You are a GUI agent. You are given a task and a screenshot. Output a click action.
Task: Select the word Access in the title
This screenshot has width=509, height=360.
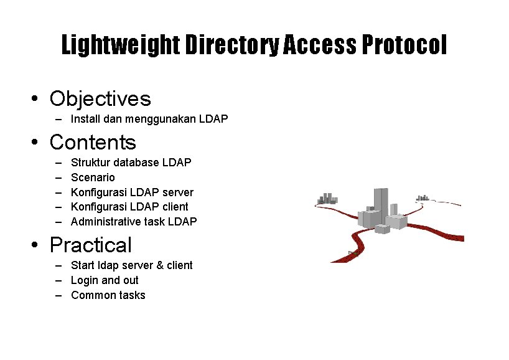click(320, 45)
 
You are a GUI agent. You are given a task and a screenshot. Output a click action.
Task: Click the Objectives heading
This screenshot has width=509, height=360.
click(100, 98)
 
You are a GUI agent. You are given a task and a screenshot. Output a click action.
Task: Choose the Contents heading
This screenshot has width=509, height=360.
click(93, 142)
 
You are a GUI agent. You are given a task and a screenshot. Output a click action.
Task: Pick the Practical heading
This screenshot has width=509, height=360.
click(91, 245)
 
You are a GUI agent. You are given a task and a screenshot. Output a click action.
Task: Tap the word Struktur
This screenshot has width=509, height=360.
click(91, 163)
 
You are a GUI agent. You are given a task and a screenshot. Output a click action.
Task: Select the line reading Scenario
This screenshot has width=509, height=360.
click(93, 178)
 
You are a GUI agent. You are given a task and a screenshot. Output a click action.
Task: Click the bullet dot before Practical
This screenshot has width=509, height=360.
click(37, 245)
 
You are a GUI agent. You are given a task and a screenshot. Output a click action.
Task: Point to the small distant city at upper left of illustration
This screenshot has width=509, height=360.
click(327, 199)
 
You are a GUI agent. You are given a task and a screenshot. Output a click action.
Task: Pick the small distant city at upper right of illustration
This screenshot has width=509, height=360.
click(423, 198)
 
